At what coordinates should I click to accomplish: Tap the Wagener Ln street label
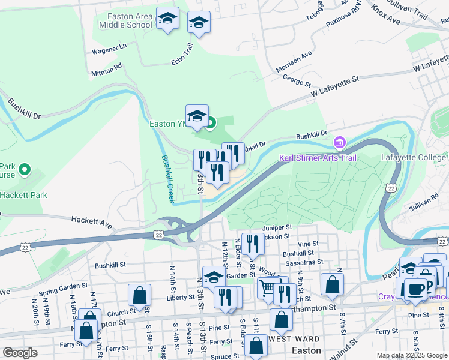pos(109,46)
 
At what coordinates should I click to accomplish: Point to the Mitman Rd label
pos(107,66)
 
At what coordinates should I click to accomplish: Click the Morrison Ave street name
pos(294,62)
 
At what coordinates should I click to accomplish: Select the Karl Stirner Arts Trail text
pos(318,158)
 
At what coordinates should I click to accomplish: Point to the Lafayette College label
pos(414,158)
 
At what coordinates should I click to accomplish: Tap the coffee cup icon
pos(415,289)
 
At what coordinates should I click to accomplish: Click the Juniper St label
pos(277,227)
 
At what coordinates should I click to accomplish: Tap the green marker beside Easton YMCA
pos(211,124)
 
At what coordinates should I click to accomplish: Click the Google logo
pos(20,352)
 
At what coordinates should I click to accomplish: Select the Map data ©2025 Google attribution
pos(411,355)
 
